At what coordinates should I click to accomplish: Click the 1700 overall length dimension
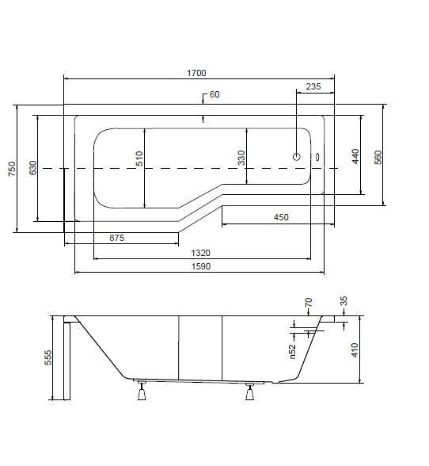pos(196,73)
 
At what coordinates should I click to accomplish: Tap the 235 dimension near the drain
pos(313,86)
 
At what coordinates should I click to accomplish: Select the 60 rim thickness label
pos(214,94)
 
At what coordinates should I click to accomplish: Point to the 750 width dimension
pos(12,169)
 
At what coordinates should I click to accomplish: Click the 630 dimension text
pos(33,168)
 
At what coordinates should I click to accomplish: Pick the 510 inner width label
pos(139,159)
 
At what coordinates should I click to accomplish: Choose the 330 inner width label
pos(241,158)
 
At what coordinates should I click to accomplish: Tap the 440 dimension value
pos(355,156)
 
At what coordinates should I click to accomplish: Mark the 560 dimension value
pos(378,158)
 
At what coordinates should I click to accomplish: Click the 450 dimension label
pos(281,217)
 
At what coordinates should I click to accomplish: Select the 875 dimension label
pos(116,238)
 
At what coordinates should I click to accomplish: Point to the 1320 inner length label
pos(200,253)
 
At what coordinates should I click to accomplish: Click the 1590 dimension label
pos(201,266)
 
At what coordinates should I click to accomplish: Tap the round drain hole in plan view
pos(297,157)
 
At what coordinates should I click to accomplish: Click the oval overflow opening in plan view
pos(317,157)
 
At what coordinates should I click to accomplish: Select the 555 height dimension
pos(47,357)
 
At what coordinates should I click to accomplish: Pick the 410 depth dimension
pos(355,349)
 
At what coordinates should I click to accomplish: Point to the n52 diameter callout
pos(293,352)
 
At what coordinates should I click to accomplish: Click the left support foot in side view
pos(142,390)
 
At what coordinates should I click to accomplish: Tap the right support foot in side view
pos(249,392)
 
